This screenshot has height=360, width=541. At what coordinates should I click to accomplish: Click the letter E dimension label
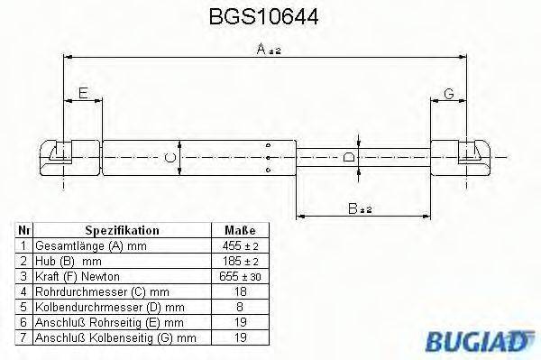pyautogui.click(x=82, y=93)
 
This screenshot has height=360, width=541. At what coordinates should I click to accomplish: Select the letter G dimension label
pyautogui.click(x=448, y=93)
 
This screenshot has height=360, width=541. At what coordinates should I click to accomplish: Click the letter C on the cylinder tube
pyautogui.click(x=169, y=160)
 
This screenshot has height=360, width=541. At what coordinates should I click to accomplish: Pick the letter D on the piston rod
pyautogui.click(x=348, y=160)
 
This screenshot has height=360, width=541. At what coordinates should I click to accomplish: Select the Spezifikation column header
pyautogui.click(x=122, y=231)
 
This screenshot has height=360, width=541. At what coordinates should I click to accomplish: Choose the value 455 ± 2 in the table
pyautogui.click(x=240, y=245)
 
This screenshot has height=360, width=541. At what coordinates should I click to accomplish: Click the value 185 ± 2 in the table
pyautogui.click(x=240, y=261)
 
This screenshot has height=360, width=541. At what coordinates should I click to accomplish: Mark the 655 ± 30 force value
pyautogui.click(x=240, y=275)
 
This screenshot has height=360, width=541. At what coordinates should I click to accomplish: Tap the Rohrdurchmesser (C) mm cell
pyautogui.click(x=102, y=291)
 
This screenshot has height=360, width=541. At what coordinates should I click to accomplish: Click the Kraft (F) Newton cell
pyautogui.click(x=78, y=275)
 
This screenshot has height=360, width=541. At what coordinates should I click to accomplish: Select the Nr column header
pyautogui.click(x=25, y=231)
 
